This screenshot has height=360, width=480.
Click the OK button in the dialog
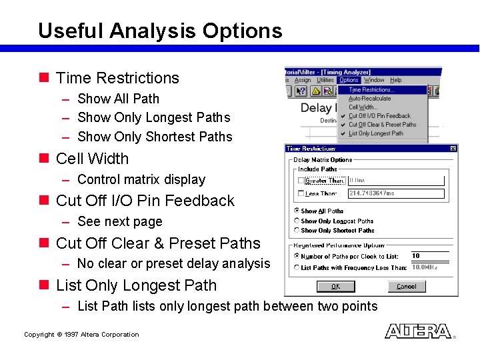[335, 286]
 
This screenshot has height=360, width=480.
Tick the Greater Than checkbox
[301, 180]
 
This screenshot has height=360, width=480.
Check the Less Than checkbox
[301, 193]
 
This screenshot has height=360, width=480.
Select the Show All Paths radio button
[297, 211]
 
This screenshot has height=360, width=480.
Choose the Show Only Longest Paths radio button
[297, 221]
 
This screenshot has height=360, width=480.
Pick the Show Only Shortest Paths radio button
[297, 230]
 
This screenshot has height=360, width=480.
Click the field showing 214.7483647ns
[395, 193]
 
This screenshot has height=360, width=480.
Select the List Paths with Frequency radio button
[297, 267]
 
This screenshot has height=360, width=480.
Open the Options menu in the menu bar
[349, 80]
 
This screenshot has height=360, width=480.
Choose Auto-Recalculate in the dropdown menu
[370, 98]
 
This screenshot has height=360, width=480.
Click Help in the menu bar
[396, 80]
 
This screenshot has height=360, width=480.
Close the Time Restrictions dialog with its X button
[453, 148]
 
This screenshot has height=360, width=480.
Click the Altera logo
[418, 331]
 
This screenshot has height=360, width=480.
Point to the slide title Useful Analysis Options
[160, 31]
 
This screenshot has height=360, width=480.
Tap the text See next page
[120, 221]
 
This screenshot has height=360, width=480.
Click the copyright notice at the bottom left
[81, 335]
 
